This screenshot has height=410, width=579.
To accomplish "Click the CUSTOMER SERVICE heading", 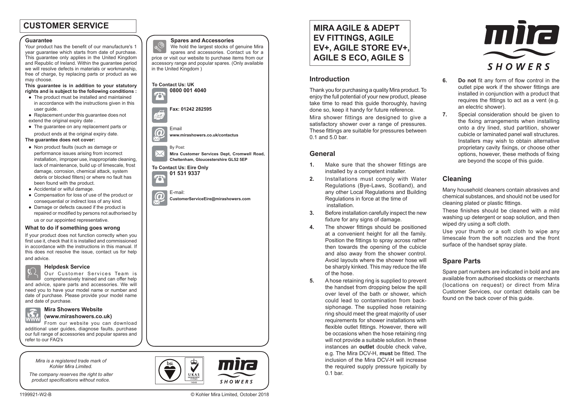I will pos(66,26).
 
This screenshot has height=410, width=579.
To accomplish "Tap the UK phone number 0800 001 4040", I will pos(188,91).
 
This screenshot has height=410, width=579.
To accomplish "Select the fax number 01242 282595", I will pos(190,109).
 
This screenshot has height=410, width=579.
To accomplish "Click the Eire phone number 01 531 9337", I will pos(185,173).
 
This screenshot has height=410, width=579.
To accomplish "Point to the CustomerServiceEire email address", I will pos(210,199).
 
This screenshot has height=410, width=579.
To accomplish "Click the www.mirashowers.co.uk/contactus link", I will pos(204,135).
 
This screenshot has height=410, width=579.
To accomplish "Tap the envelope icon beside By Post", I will pos(160,154).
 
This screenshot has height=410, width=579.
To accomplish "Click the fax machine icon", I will pos(160,115).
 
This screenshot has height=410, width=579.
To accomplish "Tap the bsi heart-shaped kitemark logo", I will pos(170,370).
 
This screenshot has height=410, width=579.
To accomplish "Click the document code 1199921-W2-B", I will pos(36,395).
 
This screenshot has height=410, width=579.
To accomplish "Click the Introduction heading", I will pos(329,79).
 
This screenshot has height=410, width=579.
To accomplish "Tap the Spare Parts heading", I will pos(461,261).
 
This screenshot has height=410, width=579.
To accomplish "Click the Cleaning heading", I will pos(457,179).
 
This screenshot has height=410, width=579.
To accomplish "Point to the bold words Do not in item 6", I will pos(467,81).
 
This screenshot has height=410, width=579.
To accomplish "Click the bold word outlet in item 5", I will pos(366,347).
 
